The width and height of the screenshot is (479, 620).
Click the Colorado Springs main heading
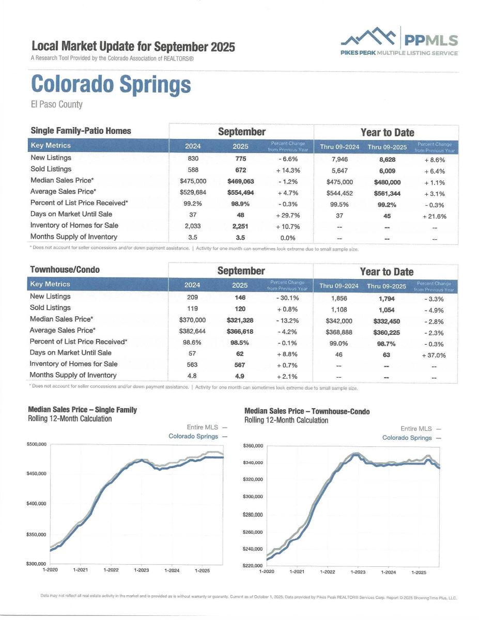[x=111, y=84]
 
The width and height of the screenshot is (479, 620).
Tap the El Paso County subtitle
[x=56, y=104]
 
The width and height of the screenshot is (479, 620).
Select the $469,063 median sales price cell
[x=240, y=182]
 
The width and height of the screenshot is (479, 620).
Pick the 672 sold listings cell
[x=240, y=169]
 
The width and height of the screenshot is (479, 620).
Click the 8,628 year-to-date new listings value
[x=387, y=160]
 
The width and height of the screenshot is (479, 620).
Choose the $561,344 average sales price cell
[x=387, y=193]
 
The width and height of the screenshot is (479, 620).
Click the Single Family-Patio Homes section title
[x=81, y=131]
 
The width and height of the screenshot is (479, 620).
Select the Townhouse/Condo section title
[x=65, y=270]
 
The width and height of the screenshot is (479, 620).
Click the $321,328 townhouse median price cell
[x=240, y=320]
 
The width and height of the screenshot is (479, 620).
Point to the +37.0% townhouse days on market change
[x=434, y=355]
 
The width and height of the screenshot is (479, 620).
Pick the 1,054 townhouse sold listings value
[x=387, y=309]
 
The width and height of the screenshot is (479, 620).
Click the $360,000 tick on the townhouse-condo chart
[x=253, y=446]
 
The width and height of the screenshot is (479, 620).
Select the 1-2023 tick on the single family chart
[x=141, y=570]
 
